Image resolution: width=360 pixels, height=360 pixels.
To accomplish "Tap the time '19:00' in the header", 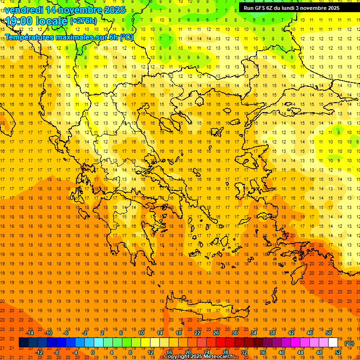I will pos(20,21).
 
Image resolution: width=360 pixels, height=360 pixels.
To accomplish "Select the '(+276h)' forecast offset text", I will pos(83,21).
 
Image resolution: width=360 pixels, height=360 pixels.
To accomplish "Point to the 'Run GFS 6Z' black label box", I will pos(295,7).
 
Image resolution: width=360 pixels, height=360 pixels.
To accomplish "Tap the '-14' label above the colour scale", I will pos(30,333).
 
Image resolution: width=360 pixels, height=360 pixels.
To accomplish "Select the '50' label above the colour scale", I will pos(329,333).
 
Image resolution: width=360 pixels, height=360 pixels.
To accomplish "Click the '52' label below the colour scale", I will pos(338,352).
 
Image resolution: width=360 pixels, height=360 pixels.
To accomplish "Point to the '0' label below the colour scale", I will pos(93,352).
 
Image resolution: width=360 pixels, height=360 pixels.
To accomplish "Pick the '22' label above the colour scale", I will pos(197,333).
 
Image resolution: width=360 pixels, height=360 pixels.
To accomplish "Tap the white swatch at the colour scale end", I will pos(333,343).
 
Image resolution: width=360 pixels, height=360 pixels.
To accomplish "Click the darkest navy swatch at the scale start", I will pos(23,343).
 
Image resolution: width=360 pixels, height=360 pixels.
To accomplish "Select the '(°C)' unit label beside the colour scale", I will pos(349,343).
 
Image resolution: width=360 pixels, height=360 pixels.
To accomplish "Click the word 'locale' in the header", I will pos(52,21).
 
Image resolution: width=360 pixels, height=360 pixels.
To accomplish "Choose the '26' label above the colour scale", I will pos(216,333).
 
